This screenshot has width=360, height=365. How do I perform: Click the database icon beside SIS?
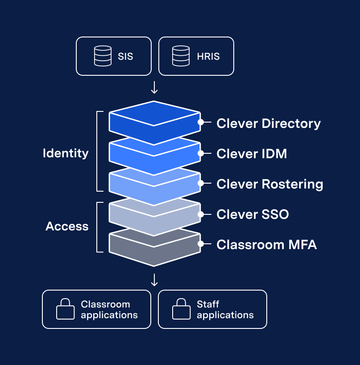coord(103,56)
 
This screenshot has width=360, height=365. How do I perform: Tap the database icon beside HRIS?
coord(181,56)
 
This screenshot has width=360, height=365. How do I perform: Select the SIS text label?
coord(126,57)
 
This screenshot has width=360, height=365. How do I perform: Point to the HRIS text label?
coord(208,57)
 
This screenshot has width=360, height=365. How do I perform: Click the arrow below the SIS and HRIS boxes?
coord(154,88)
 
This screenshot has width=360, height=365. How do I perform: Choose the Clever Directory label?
coord(269,123)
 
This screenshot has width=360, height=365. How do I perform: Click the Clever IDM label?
coord(252,154)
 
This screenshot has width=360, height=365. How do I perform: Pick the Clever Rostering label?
coord(269,184)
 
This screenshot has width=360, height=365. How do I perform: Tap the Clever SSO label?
coord(252,214)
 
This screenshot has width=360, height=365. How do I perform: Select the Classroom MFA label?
coord(266,245)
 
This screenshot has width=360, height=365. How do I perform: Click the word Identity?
coord(66,153)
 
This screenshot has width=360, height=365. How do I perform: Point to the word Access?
coord(67,226)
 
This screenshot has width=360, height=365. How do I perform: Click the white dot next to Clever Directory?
coord(201,122)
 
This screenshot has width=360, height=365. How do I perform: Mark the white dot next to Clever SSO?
coord(201,214)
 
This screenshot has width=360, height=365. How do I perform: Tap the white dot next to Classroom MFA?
coord(201,244)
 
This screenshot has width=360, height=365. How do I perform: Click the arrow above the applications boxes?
coord(154,280)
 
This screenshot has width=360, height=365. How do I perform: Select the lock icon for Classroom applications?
coord(65,309)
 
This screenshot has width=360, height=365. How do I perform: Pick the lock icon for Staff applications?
coord(181,309)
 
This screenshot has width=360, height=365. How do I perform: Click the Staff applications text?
coord(225,310)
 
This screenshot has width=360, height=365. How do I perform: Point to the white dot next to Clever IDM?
coord(201,153)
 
